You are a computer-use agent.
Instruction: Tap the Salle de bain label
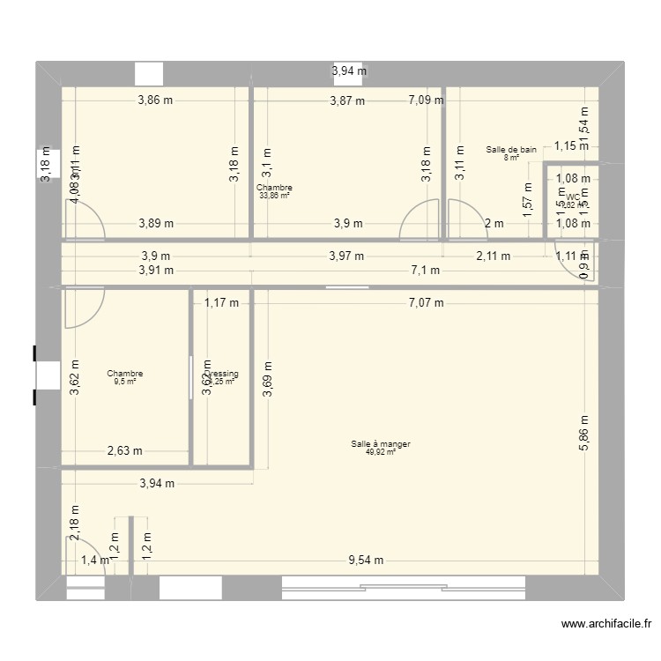(x=511, y=150)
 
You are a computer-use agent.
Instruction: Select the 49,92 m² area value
(x=381, y=452)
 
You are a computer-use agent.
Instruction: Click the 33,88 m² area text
(x=274, y=196)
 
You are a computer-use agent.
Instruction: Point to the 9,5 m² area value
(x=124, y=382)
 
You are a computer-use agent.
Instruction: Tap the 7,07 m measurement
(x=425, y=303)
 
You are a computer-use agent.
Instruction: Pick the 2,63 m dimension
(x=124, y=451)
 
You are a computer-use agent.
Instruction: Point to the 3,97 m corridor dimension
(x=345, y=256)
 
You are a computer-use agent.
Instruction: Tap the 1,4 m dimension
(x=96, y=559)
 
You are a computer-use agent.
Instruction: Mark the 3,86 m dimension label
(x=155, y=100)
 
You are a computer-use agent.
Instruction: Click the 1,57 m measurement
(x=528, y=200)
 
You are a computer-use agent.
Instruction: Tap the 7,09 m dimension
(x=426, y=100)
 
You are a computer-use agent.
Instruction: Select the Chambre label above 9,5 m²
(x=124, y=374)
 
